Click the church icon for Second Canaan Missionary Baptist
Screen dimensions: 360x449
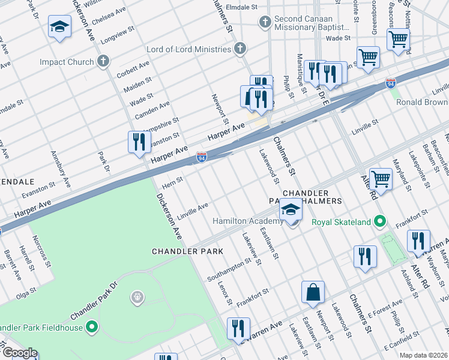(x=265, y=23)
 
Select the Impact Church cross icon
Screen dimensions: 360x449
(x=103, y=61)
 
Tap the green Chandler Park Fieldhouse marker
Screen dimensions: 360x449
(x=92, y=327)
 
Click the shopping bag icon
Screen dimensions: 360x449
(x=313, y=293)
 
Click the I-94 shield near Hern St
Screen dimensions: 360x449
(x=202, y=158)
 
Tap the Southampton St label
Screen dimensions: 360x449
(x=229, y=270)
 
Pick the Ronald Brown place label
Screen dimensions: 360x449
(x=422, y=102)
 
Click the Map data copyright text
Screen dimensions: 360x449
(x=423, y=355)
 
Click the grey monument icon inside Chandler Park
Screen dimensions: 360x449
(x=137, y=296)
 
